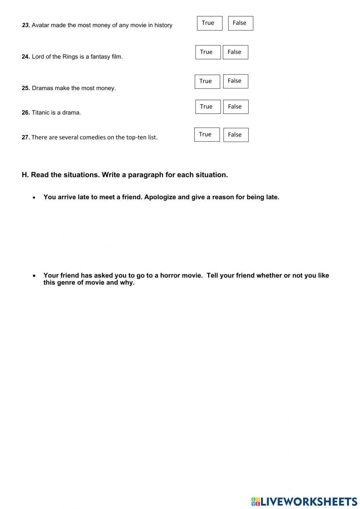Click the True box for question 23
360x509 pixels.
tap(210, 23)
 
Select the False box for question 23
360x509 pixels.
tap(240, 23)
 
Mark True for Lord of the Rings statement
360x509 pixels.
tap(208, 52)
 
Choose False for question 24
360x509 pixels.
tap(235, 52)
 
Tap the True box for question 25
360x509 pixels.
tap(207, 81)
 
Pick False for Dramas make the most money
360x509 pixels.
tap(235, 81)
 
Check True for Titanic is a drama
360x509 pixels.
tap(208, 107)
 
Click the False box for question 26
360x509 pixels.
tap(236, 107)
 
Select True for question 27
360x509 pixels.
tap(207, 134)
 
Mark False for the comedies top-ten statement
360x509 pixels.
tap(236, 135)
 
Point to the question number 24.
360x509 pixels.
tap(26, 57)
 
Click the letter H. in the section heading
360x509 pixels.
tap(25, 175)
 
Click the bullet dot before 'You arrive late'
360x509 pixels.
tap(34, 197)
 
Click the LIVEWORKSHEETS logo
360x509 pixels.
tap(304, 501)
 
